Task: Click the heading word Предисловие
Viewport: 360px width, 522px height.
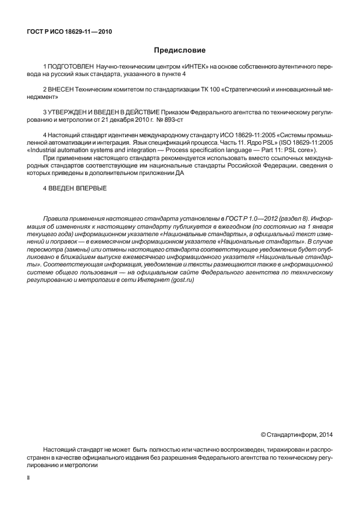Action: coord(179,50)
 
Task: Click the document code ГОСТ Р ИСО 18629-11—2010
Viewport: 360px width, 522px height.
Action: coord(69,32)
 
